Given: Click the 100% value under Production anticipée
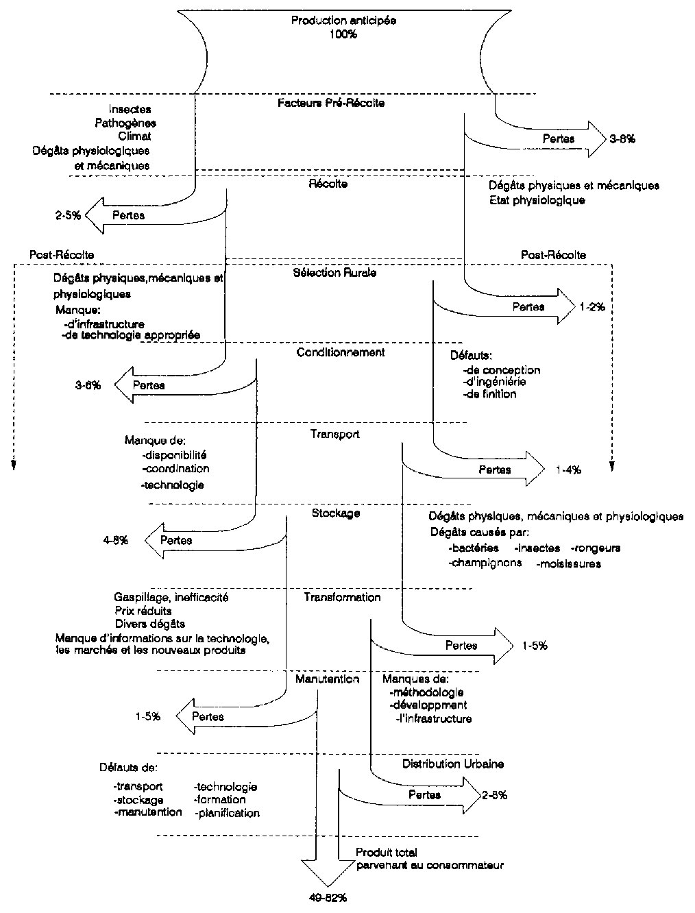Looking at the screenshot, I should pyautogui.click(x=343, y=34).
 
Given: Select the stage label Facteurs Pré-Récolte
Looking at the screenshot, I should pyautogui.click(x=331, y=103).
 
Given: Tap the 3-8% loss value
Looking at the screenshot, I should pyautogui.click(x=622, y=138).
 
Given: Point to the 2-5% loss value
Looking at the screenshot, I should pyautogui.click(x=69, y=215).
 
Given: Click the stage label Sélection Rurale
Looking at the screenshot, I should pyautogui.click(x=334, y=273).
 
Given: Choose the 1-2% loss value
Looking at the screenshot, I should pyautogui.click(x=592, y=307).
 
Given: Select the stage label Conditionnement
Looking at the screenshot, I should pyautogui.click(x=341, y=352).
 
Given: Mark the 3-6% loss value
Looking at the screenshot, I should pyautogui.click(x=88, y=385).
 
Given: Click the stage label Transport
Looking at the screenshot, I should pyautogui.click(x=335, y=434).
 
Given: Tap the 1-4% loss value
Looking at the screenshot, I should pyautogui.click(x=568, y=470).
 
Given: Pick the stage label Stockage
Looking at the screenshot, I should pyautogui.click(x=336, y=513).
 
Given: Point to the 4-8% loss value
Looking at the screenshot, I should pyautogui.click(x=116, y=540).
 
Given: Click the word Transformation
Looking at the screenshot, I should pyautogui.click(x=342, y=597).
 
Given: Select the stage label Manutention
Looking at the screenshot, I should pyautogui.click(x=328, y=679).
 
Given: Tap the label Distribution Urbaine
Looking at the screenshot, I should pyautogui.click(x=453, y=764).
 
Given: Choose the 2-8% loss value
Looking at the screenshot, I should pyautogui.click(x=494, y=795).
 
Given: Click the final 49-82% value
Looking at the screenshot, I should pyautogui.click(x=323, y=897).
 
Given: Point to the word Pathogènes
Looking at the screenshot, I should pyautogui.click(x=125, y=123).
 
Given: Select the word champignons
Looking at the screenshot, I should pyautogui.click(x=485, y=563).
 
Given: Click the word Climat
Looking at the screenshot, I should pyautogui.click(x=134, y=136).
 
